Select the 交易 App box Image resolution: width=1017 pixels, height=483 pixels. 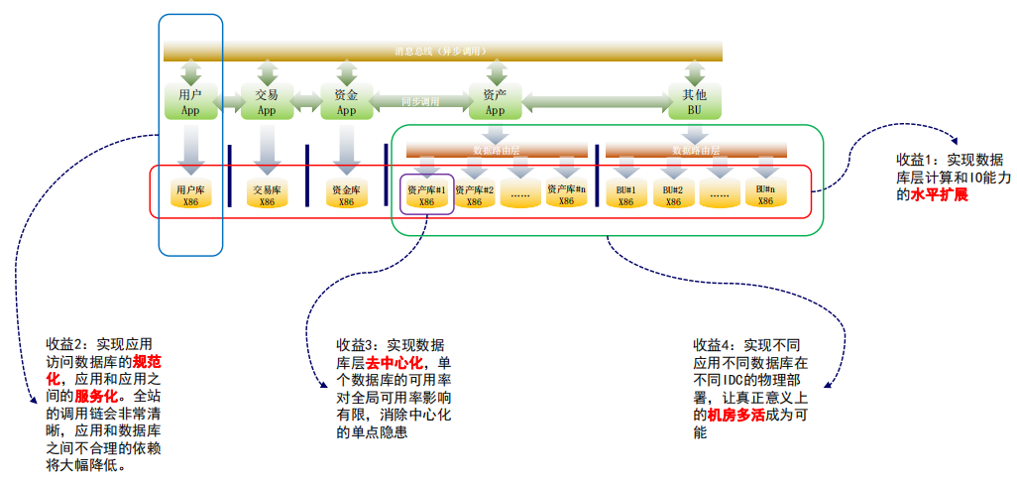pos(267,102)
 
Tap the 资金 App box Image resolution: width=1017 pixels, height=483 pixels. pos(346,102)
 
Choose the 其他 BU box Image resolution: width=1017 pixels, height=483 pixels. pos(694,102)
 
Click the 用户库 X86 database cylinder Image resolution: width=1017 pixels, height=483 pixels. pos(190,193)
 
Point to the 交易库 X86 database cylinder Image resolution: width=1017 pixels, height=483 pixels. pos(267,193)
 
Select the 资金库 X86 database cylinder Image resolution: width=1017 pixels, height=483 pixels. pos(346,193)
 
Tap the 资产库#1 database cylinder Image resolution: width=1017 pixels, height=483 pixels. pos(427,193)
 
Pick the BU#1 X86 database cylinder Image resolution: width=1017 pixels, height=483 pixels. pos(625,193)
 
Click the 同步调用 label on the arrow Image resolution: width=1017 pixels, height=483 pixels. pos(420,101)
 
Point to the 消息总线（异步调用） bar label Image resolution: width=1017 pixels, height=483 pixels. pos(440,51)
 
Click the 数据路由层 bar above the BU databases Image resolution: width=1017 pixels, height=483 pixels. pos(696,150)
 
